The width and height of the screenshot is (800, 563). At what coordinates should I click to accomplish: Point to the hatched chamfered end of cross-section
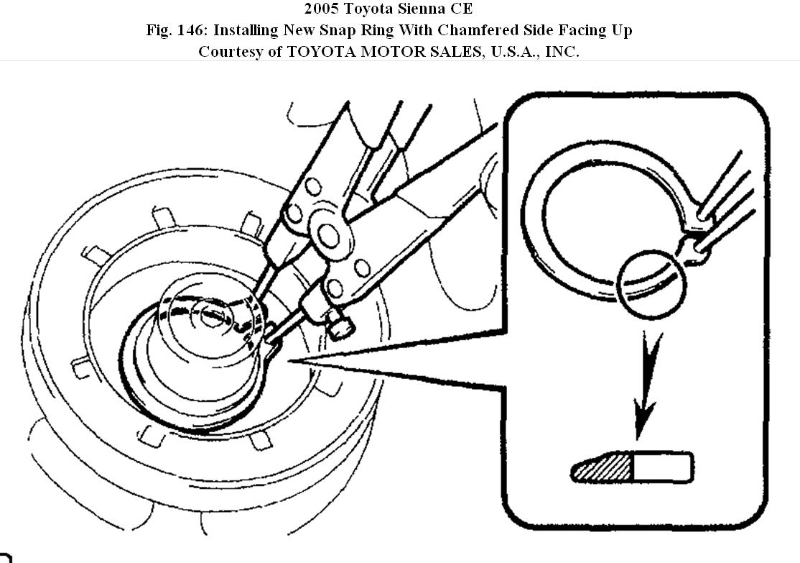(602, 469)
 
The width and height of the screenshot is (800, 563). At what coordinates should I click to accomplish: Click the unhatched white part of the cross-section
(662, 467)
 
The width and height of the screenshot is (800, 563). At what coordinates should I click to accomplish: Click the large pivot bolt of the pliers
(330, 235)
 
